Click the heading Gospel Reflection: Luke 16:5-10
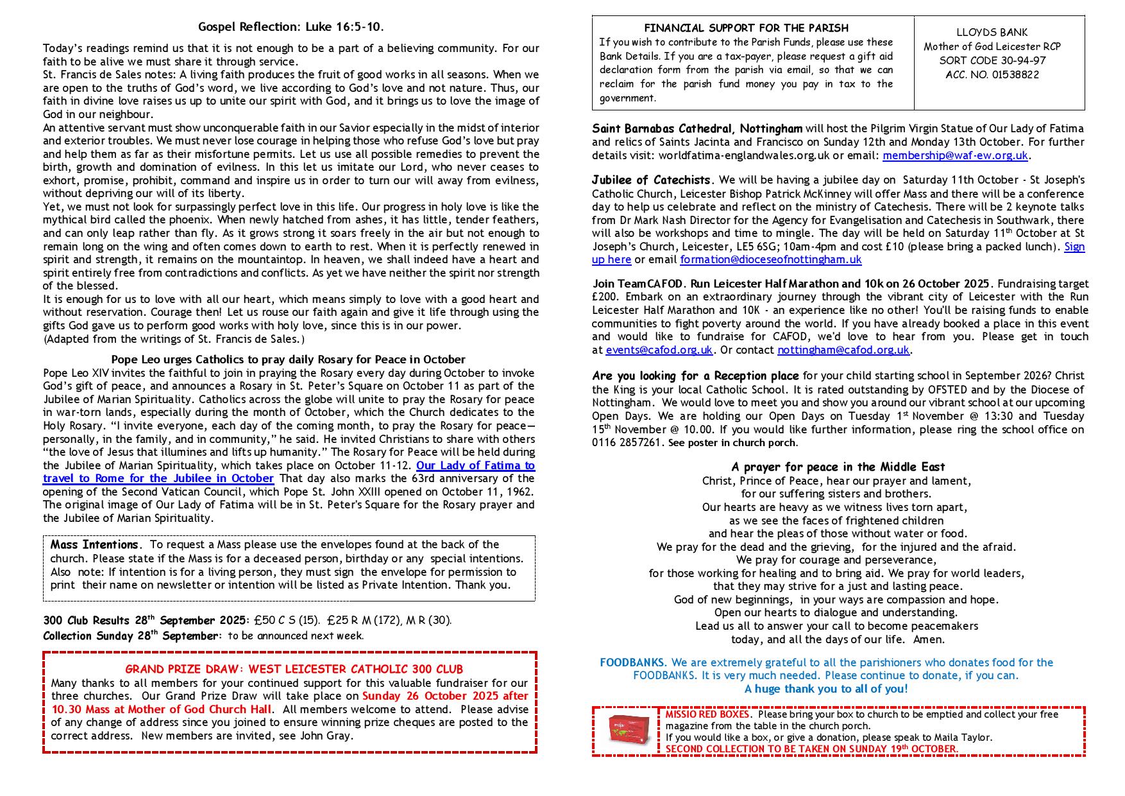click(291, 27)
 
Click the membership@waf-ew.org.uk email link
click(955, 155)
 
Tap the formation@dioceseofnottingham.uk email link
click(770, 260)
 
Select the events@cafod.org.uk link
click(659, 350)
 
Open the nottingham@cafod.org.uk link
click(843, 350)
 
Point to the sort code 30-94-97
click(992, 61)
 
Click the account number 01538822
click(992, 75)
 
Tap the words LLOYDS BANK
click(992, 32)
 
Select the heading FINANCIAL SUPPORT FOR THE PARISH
click(746, 28)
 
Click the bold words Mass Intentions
click(94, 545)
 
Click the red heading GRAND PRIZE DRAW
click(294, 670)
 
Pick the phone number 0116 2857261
click(627, 443)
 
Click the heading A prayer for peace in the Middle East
click(838, 467)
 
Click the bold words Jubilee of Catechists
click(651, 180)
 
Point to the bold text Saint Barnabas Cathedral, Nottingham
click(697, 128)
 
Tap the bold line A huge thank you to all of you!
click(826, 689)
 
